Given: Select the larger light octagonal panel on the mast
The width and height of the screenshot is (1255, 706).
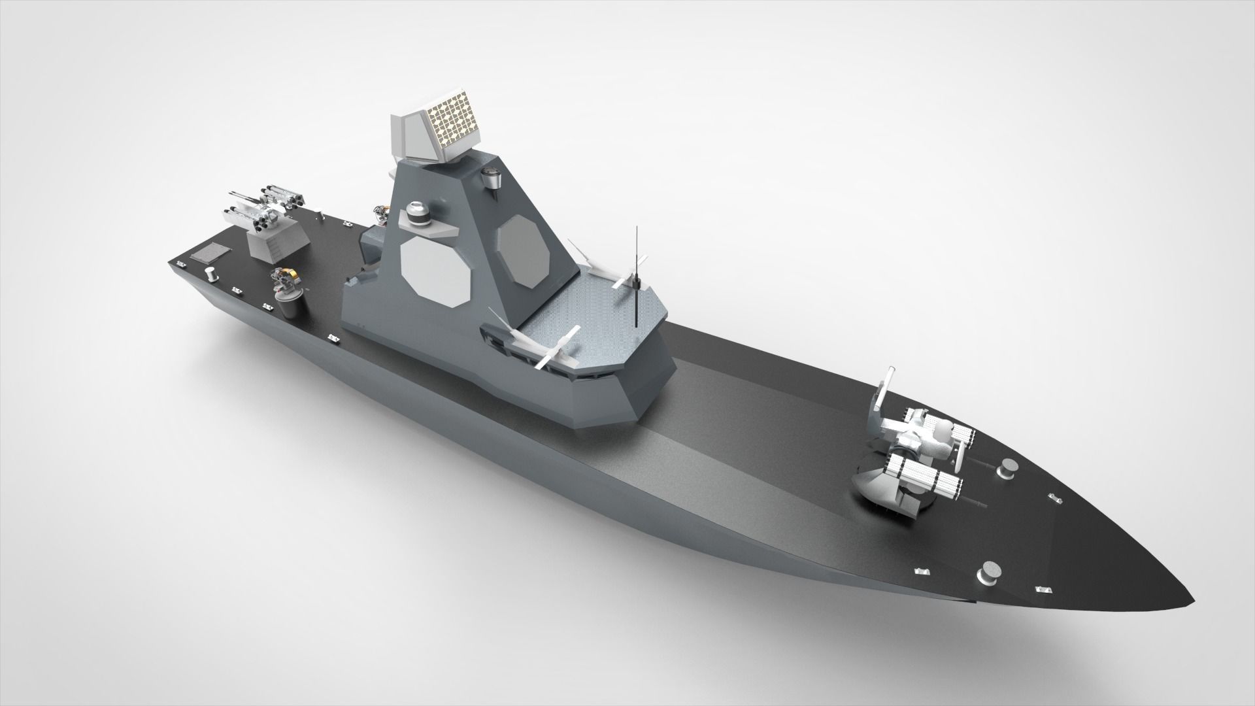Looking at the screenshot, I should click(x=435, y=268).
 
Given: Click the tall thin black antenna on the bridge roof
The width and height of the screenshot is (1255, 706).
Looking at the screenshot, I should click(x=636, y=281).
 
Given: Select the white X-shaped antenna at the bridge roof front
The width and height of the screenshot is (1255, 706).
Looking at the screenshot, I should click(x=553, y=347).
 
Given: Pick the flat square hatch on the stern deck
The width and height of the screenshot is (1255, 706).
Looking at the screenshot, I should click(x=209, y=252).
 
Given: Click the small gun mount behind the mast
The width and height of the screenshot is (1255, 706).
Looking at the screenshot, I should click(x=380, y=211).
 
